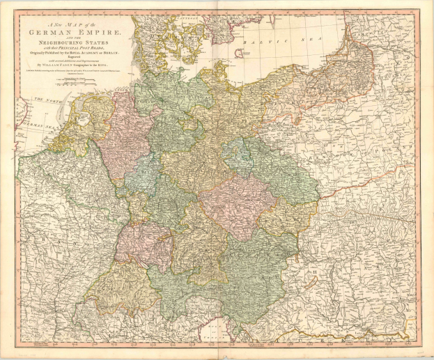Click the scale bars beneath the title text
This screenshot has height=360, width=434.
pyautogui.click(x=66, y=82)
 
